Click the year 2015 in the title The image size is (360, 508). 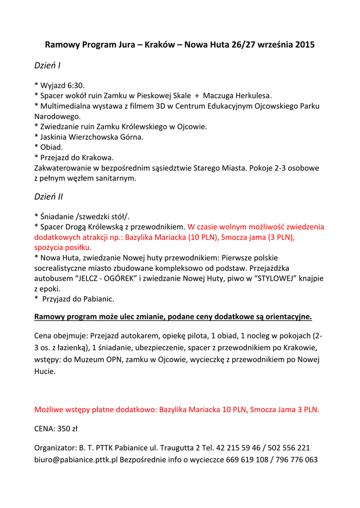[305, 45]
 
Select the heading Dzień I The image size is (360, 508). [48, 65]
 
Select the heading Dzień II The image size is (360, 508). [49, 196]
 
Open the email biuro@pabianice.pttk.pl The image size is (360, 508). [76, 459]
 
